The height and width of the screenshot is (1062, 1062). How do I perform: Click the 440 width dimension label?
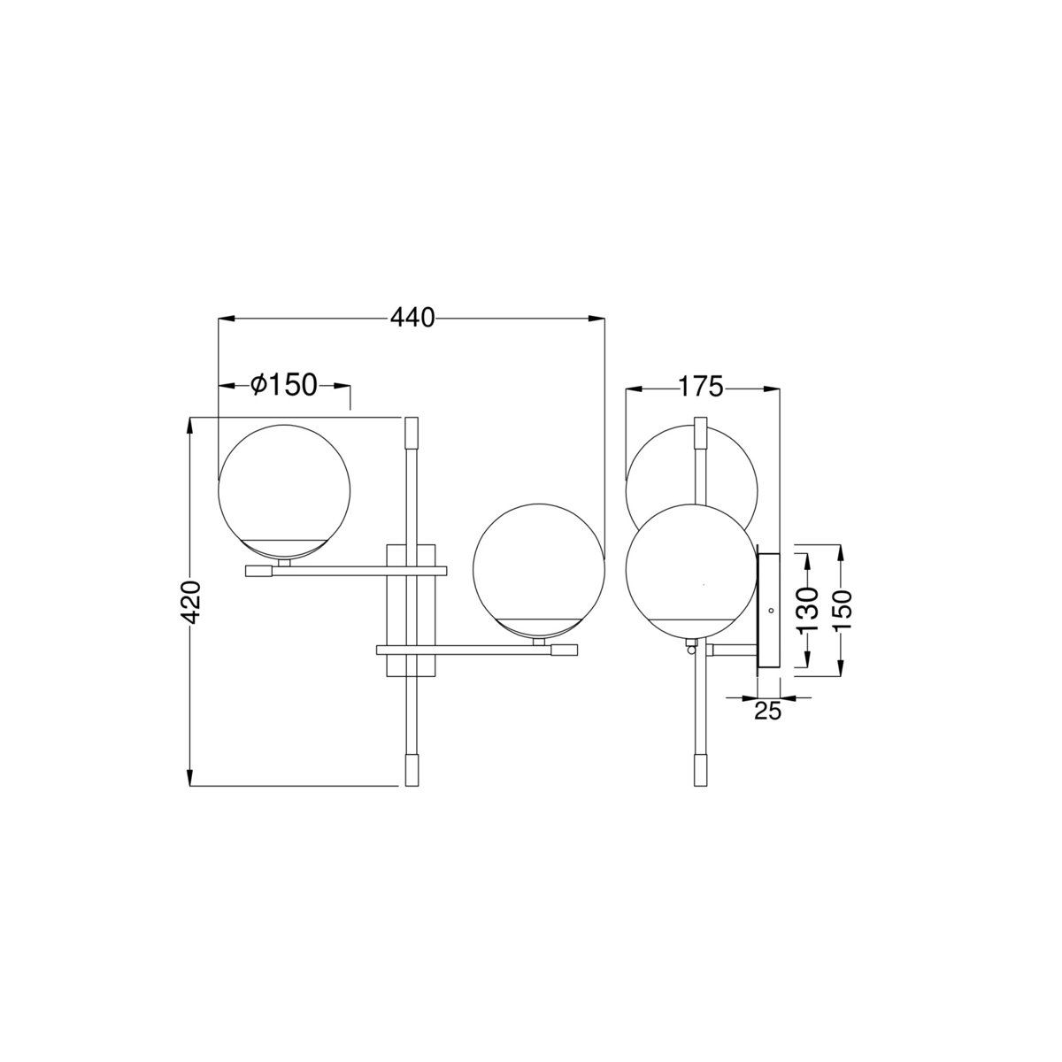(x=412, y=318)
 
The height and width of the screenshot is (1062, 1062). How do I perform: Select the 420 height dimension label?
(x=191, y=602)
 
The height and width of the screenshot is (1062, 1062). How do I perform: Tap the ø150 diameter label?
(x=284, y=385)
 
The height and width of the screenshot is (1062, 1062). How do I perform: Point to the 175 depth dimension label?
(x=700, y=387)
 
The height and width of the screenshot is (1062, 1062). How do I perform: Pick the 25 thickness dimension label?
(x=767, y=712)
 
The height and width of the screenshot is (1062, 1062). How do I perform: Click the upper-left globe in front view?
(x=284, y=492)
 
